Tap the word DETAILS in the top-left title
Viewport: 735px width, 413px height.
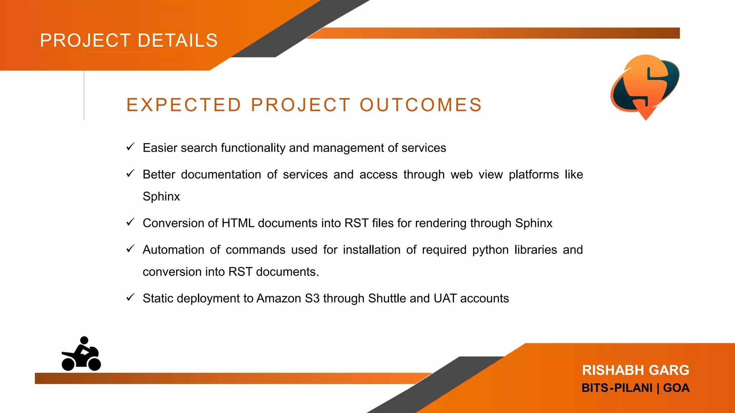178,40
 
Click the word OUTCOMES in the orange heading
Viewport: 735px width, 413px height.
421,105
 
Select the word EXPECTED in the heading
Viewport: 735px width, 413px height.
184,105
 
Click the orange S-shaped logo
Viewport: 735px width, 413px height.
645,86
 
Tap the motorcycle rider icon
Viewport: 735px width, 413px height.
81,355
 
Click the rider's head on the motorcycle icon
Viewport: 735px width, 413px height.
84,340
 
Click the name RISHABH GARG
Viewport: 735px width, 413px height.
636,370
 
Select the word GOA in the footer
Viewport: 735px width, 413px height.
676,388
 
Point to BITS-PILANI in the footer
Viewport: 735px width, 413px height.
617,388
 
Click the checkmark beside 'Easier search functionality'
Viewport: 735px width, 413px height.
130,147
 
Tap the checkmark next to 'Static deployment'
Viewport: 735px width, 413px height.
130,298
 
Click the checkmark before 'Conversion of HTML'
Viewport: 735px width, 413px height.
130,222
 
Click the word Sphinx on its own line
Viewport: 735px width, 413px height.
161,196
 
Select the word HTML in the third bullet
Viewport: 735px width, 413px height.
238,223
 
